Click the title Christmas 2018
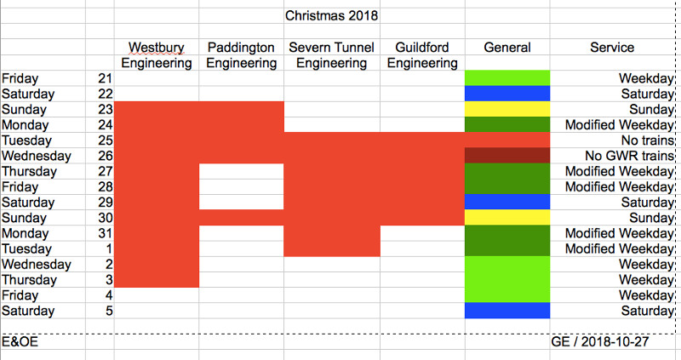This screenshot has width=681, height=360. point(332,15)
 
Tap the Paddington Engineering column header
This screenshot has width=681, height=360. point(241,54)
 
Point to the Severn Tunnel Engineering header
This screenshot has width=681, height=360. point(331,54)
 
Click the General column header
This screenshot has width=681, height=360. point(507,48)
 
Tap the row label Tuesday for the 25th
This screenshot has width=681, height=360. point(27,140)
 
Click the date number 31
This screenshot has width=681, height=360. point(106,233)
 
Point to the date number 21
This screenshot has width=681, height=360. point(106,78)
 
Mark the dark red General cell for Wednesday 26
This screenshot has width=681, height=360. point(507,156)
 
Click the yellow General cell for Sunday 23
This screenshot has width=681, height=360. point(507,109)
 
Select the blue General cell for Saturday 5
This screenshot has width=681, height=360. point(507,311)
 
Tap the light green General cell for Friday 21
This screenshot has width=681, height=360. point(507,78)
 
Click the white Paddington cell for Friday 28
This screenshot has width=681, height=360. point(241,186)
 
